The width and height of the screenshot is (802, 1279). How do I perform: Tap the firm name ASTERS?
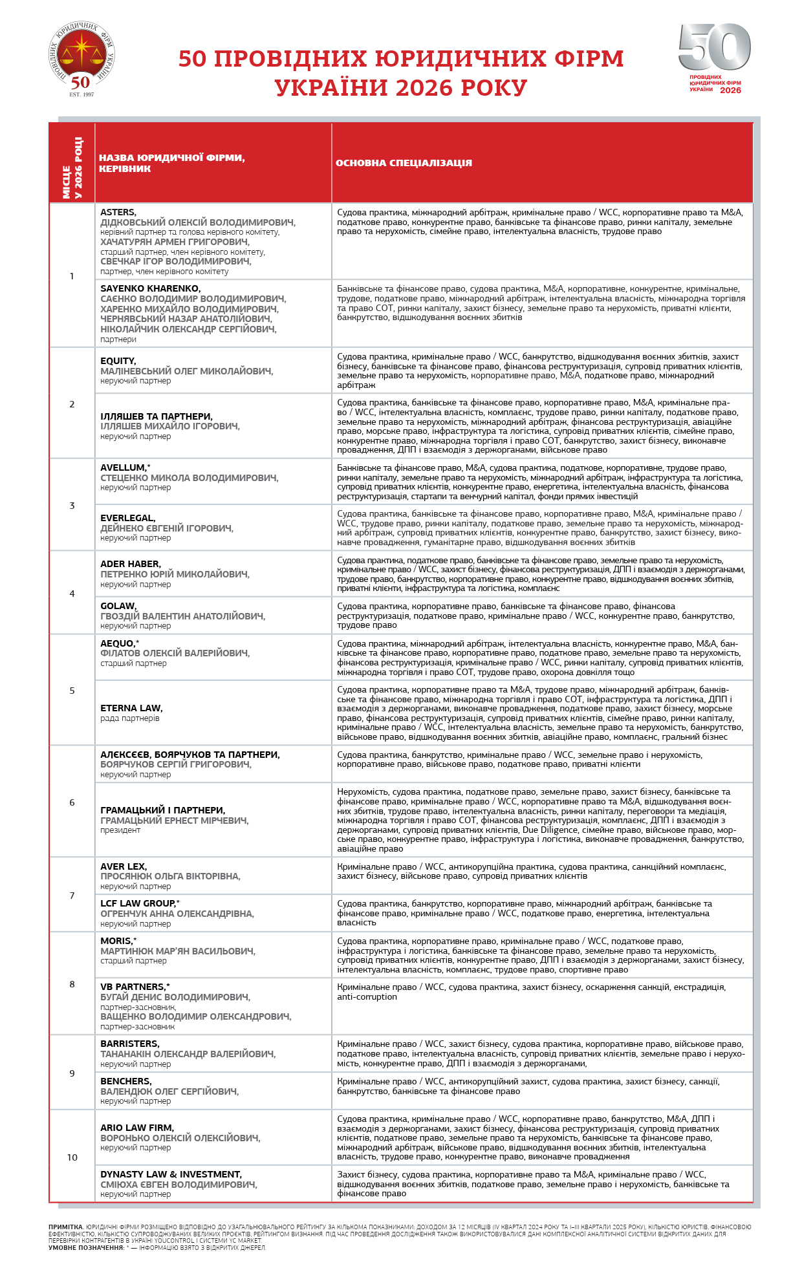(118, 212)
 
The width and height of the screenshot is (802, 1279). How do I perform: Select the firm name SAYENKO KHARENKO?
(150, 288)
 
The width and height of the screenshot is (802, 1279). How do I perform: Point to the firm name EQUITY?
(118, 361)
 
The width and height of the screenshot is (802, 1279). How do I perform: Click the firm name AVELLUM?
(123, 468)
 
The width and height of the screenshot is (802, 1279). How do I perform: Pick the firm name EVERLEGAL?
(127, 518)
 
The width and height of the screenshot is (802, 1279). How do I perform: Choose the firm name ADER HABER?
(130, 564)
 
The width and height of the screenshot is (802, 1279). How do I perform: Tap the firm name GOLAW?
(118, 606)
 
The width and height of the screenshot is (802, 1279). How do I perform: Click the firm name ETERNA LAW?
(131, 708)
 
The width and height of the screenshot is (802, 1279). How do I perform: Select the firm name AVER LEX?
(123, 866)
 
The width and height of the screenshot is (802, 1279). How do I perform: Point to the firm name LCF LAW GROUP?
(138, 903)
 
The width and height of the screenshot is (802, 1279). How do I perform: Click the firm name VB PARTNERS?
(133, 987)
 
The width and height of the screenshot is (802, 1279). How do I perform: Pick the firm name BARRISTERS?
(129, 1044)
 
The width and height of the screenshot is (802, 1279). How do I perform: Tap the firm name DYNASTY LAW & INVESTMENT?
(171, 1174)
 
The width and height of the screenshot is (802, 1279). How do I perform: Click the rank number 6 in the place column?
(72, 802)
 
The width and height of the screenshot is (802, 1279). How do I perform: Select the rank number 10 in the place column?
(72, 1157)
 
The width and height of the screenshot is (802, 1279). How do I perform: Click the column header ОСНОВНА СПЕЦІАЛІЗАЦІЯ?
(404, 163)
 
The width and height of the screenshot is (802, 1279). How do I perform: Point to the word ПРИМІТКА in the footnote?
(65, 1227)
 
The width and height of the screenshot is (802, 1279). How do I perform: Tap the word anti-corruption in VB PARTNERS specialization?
(367, 996)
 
